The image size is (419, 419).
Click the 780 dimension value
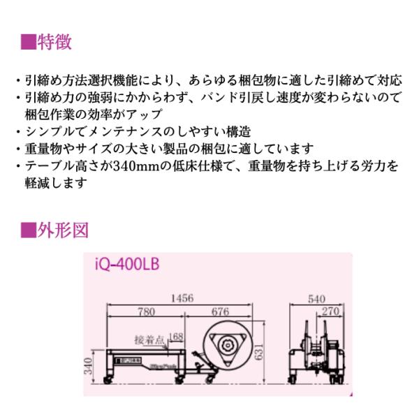click(x=146, y=311)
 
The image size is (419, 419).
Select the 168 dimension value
click(x=177, y=337)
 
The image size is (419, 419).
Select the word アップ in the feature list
click(x=146, y=114)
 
